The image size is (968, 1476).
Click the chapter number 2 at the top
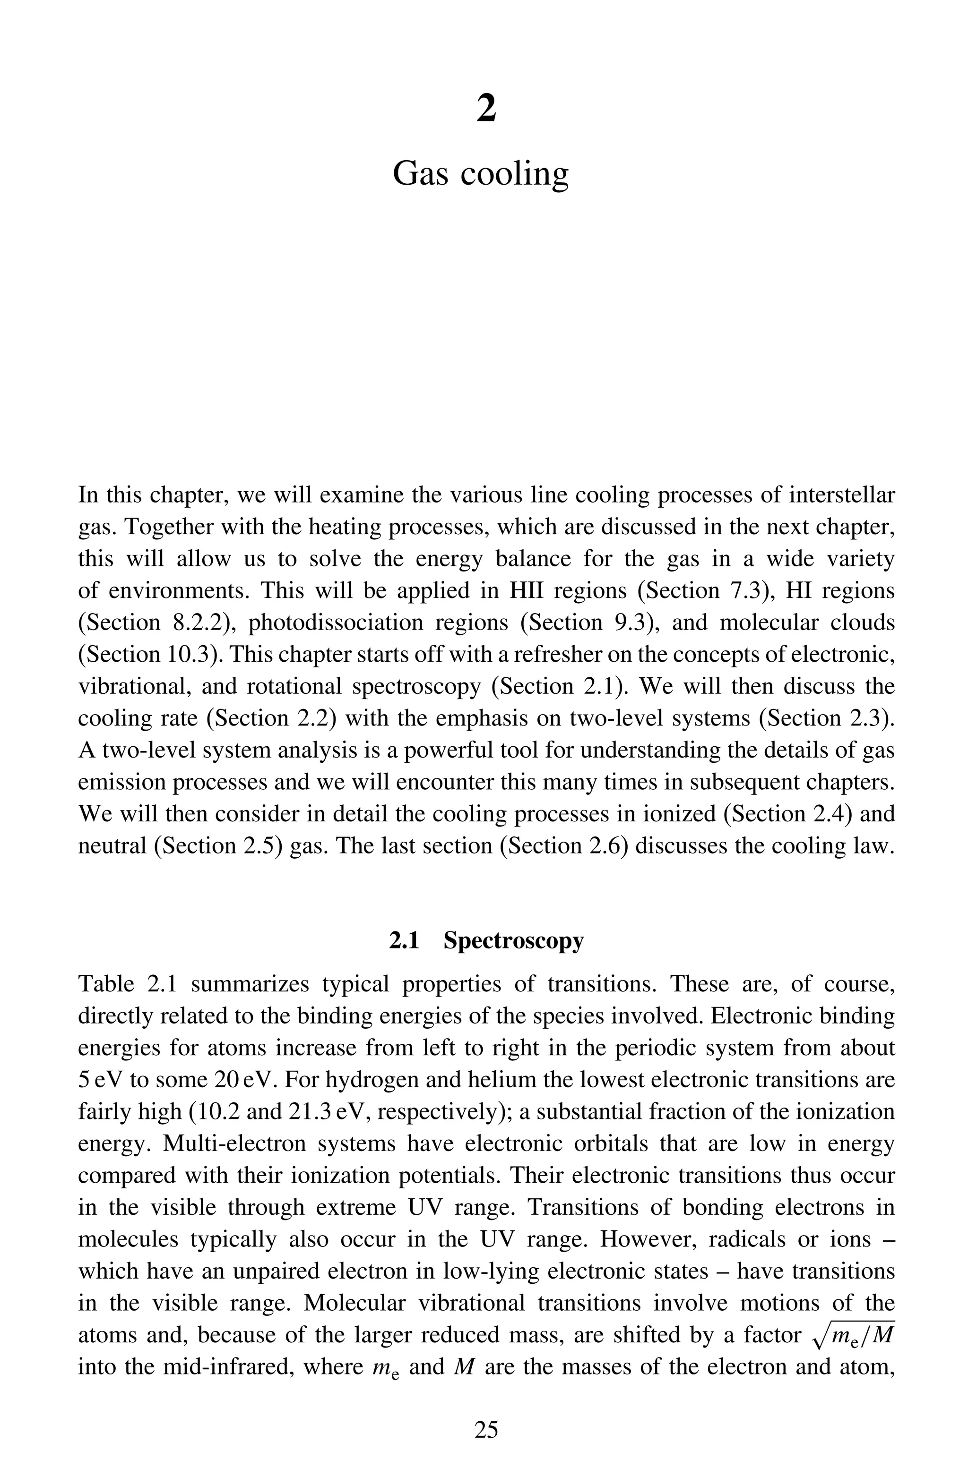click(x=486, y=109)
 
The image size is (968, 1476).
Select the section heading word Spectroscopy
click(x=514, y=941)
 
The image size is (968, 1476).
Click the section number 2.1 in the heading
click(x=405, y=941)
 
